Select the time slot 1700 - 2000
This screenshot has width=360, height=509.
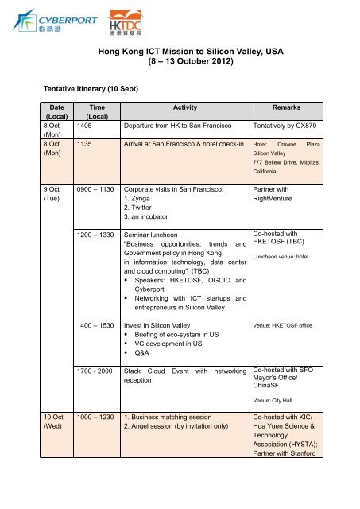point(93,393)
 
